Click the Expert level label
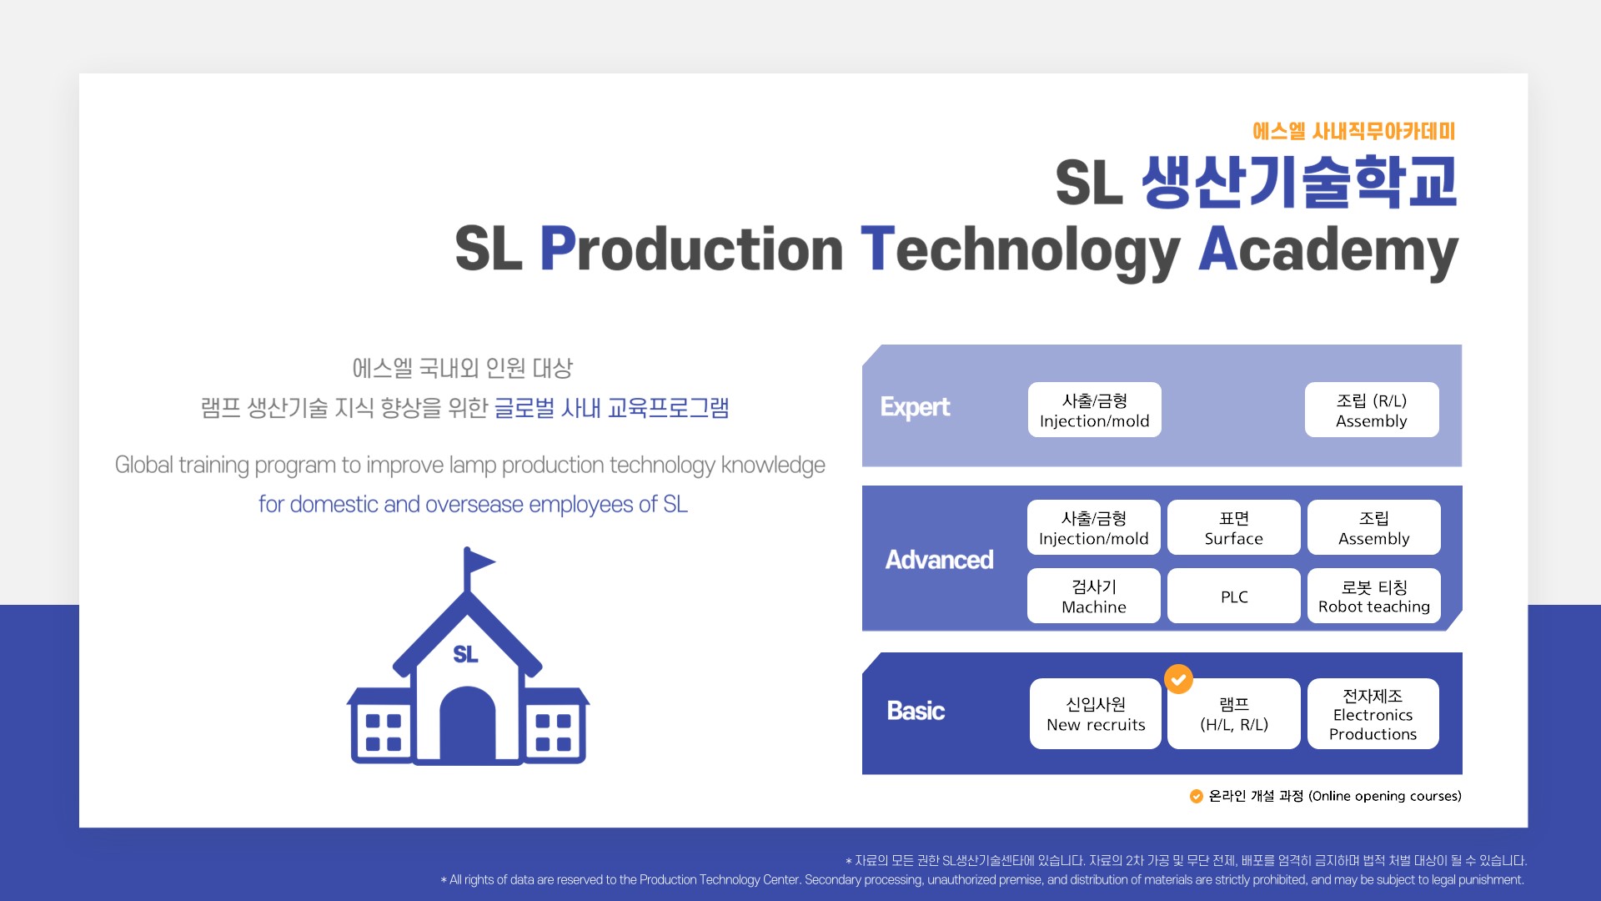[915, 407]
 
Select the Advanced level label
[939, 560]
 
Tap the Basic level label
[916, 711]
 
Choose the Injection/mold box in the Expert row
[1094, 410]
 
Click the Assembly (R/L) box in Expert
[1372, 410]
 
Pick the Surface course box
[1233, 527]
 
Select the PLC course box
[1233, 596]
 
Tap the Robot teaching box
[1373, 596]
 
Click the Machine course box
[1093, 596]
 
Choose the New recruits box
[1096, 713]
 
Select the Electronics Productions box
[1373, 713]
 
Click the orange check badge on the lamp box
[1178, 679]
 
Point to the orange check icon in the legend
[1196, 796]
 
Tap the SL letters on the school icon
[466, 655]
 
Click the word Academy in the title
[1328, 250]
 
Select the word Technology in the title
[1021, 250]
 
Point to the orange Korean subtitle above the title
[1354, 131]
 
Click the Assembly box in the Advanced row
[1373, 527]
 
